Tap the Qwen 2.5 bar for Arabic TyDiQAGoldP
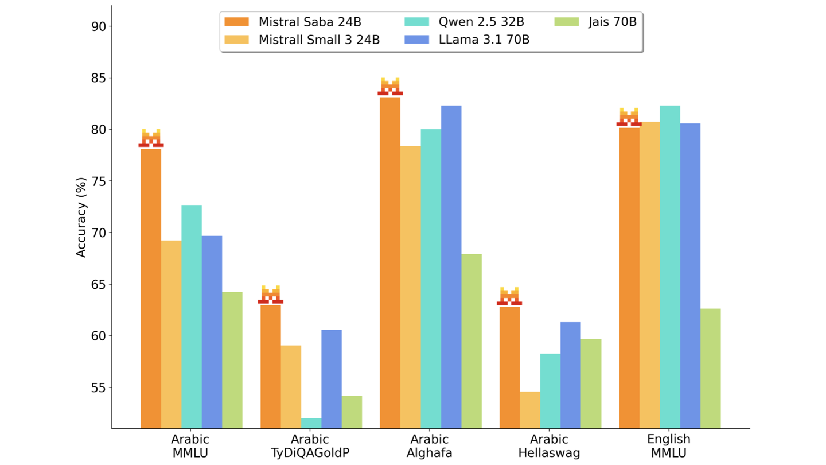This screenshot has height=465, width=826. [311, 423]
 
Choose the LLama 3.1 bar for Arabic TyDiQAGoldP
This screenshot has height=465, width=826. [331, 379]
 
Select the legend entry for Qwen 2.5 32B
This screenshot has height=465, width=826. [459, 22]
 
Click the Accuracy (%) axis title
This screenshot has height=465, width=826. [81, 217]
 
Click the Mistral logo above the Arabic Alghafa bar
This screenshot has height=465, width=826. [390, 86]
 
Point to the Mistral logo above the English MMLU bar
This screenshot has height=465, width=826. [629, 117]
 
